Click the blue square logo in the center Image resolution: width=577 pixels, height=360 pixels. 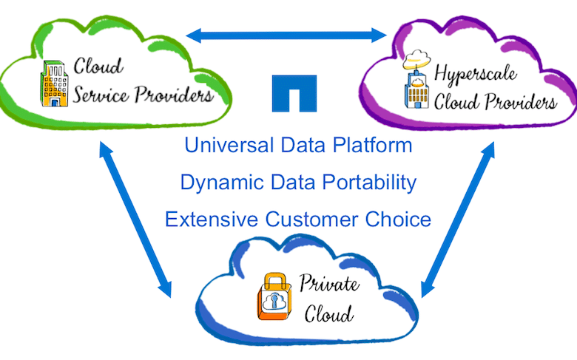(x=294, y=93)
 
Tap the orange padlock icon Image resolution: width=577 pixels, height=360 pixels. (x=274, y=296)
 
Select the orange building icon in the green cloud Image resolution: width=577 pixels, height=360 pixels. (x=54, y=84)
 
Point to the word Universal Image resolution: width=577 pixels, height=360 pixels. (x=229, y=145)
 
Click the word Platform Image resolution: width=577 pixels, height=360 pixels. (x=372, y=145)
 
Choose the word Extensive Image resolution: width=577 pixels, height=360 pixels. (x=212, y=220)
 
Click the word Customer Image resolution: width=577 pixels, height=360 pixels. (x=311, y=220)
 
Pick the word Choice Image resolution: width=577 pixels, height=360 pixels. (x=398, y=220)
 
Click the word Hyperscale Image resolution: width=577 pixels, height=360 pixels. (x=476, y=74)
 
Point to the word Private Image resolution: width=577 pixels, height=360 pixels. (x=329, y=283)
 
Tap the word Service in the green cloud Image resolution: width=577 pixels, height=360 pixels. (x=101, y=95)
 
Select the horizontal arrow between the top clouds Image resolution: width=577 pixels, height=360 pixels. (x=286, y=35)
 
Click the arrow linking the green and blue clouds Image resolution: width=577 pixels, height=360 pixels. (x=135, y=219)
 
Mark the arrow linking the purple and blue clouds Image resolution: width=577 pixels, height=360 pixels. (x=458, y=220)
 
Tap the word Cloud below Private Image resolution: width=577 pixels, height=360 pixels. (x=328, y=313)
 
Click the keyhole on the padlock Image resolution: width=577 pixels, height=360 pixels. (x=274, y=302)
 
